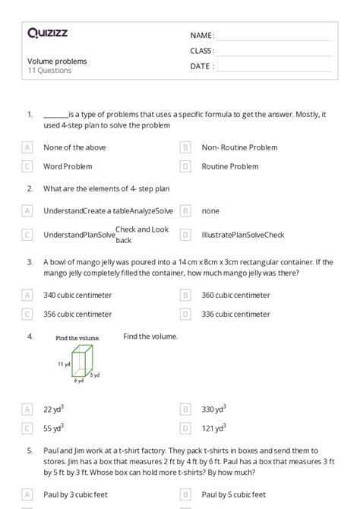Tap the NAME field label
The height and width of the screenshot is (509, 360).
point(202,36)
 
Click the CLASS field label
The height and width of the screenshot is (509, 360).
point(202,51)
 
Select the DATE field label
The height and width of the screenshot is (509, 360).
point(201,66)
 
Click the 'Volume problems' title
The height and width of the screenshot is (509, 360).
point(57,61)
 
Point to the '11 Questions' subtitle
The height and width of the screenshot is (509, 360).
point(49,71)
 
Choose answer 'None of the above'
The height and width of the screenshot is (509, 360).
point(74,147)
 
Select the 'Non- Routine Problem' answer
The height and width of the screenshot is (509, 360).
point(239,147)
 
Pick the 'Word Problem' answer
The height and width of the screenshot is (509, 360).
point(68,166)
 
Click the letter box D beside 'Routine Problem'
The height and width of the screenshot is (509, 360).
point(185,166)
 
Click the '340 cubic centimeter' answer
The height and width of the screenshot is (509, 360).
point(77,295)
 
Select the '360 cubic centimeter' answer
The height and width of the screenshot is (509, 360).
point(235,295)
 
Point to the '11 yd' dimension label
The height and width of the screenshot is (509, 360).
point(64,365)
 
